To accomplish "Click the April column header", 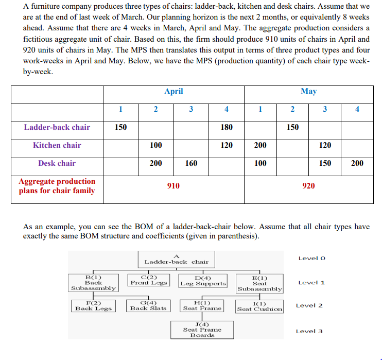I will coord(173,91).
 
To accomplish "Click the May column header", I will coord(308,91).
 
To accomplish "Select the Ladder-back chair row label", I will coord(57,127).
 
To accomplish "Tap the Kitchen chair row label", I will coord(57,145).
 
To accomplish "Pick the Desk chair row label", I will coord(57,163).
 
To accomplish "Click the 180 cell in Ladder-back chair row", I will coord(227,127).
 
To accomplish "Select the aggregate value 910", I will coord(173,186).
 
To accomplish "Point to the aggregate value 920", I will coord(308,186).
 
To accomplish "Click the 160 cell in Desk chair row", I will coord(191,163).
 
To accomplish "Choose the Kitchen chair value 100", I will coord(155,145).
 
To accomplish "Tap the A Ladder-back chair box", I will coord(177,259).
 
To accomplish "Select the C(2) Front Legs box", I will coord(149,280).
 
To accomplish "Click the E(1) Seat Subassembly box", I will coord(259,283).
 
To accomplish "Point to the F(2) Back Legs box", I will coord(94,306).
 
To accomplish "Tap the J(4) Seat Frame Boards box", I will coord(202,330).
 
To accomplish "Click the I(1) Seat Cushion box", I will coord(259,306).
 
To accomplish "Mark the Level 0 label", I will coord(312,258).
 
